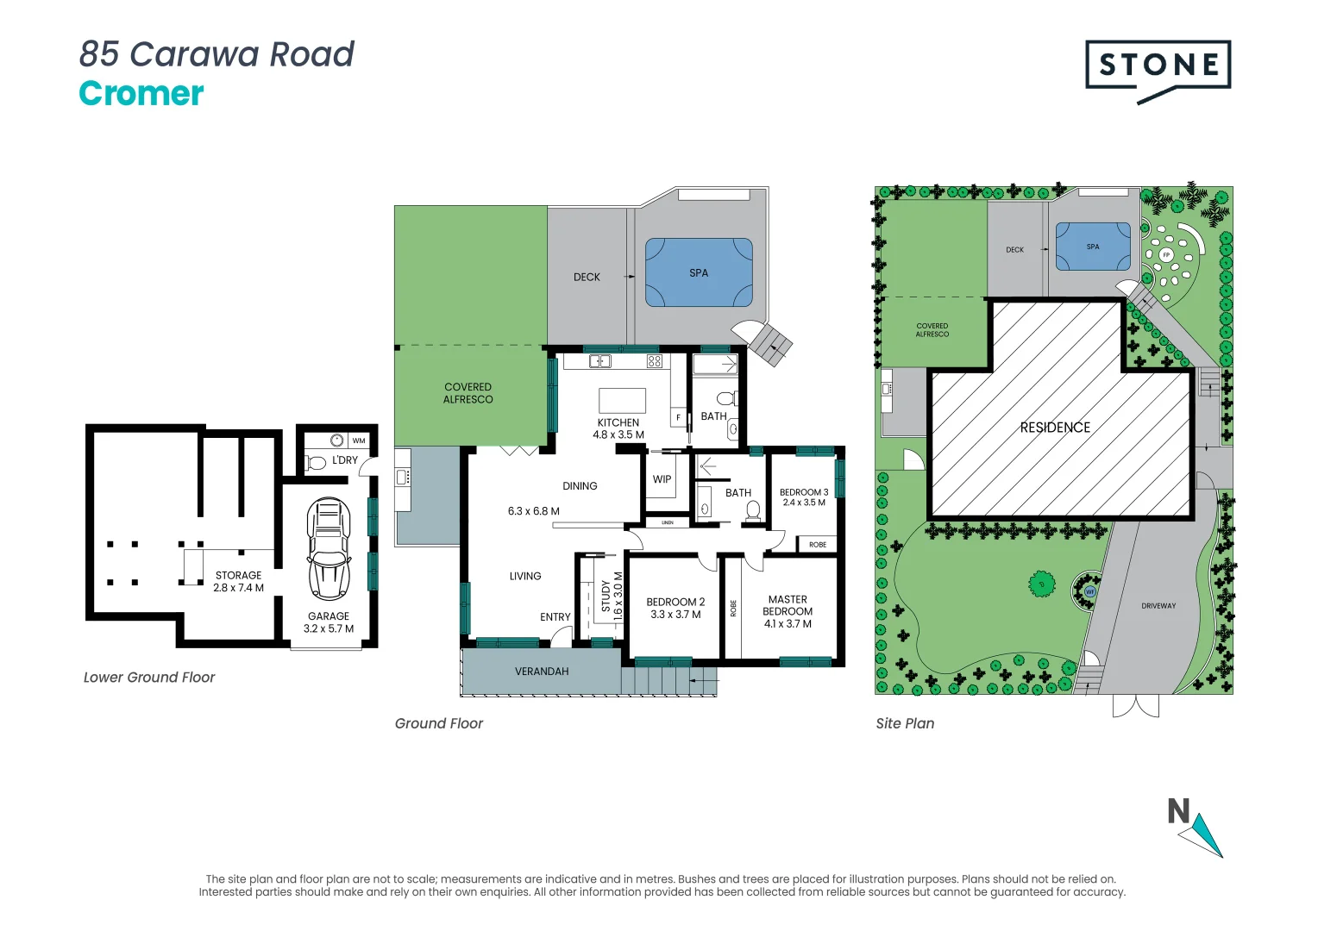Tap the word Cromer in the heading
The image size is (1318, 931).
pos(141,93)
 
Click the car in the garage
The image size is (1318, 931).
pos(329,548)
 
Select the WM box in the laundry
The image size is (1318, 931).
pos(359,441)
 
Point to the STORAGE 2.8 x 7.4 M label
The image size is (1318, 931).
pos(239,581)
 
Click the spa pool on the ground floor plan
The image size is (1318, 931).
pos(699,273)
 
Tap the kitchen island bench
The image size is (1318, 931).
pos(622,401)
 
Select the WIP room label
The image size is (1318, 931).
pos(662,479)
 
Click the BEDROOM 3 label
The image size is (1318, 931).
pos(804,497)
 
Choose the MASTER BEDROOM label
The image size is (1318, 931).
pos(788,611)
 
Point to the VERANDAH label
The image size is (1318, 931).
pos(542,672)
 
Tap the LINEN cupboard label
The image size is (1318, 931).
pos(668,522)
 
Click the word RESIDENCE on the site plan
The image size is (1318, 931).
pos(1055,428)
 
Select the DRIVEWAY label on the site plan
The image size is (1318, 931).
pos(1158,606)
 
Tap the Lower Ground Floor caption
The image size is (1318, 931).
pos(149,678)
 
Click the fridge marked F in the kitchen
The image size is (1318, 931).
pos(678,418)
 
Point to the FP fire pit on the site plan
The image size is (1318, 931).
pos(1166,255)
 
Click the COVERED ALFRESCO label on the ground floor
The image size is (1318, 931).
pos(468,393)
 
